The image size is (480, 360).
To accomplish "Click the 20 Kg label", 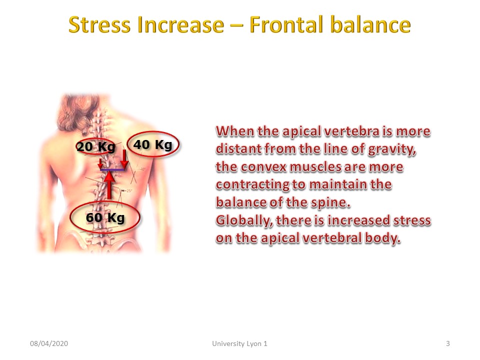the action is [96, 147].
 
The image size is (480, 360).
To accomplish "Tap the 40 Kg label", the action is [153, 144].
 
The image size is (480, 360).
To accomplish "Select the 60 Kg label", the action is [105, 217].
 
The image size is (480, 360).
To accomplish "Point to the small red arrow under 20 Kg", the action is [100, 164].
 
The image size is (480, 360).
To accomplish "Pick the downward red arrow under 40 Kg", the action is [124, 159].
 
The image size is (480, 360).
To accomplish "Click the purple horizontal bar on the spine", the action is [112, 169].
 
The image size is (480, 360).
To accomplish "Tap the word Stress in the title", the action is [99, 25].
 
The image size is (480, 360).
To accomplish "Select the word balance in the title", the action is [370, 24].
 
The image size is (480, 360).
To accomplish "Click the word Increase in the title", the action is [181, 25].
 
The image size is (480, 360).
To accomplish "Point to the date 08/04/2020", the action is [49, 343].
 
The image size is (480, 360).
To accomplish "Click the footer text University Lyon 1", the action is [239, 343].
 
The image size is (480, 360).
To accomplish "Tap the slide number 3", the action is [448, 343].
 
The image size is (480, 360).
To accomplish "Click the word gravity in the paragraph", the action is [392, 149].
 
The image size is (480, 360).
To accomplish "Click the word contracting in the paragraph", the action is [252, 185].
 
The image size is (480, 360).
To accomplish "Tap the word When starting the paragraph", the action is [235, 131].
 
